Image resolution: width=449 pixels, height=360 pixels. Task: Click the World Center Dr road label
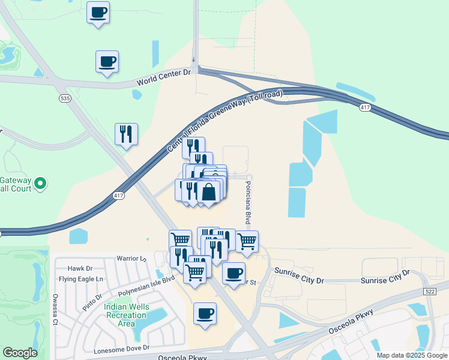tap(163, 77)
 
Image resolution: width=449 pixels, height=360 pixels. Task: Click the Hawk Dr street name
tap(80, 269)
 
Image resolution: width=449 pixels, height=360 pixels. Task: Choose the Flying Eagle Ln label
tap(81, 279)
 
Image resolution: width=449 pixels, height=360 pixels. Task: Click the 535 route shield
tap(65, 97)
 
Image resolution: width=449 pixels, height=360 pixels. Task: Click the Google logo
tap(20, 353)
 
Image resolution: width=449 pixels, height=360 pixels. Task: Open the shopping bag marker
tap(208, 192)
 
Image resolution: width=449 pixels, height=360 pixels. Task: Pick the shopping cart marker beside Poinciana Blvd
tap(247, 241)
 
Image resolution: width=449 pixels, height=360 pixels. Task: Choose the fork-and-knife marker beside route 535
tap(126, 134)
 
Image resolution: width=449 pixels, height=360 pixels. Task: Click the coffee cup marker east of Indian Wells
tap(205, 313)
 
